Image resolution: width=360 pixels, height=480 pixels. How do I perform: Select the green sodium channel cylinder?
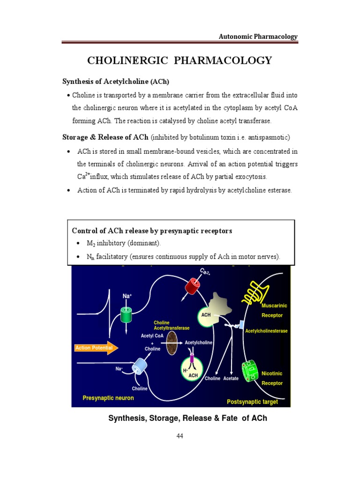pyautogui.click(x=127, y=315)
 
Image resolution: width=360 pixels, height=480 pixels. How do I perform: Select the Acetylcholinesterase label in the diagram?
pyautogui.click(x=266, y=330)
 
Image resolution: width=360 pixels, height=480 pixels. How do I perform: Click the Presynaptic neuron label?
pyautogui.click(x=108, y=398)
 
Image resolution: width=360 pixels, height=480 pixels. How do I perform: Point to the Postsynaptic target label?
pyautogui.click(x=252, y=402)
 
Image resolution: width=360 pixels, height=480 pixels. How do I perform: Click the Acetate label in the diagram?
pyautogui.click(x=231, y=378)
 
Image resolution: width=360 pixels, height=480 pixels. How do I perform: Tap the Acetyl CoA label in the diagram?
pyautogui.click(x=152, y=336)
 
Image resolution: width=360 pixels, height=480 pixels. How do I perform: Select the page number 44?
pyautogui.click(x=180, y=436)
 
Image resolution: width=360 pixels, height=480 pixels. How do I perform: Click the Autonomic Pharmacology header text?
pyautogui.click(x=258, y=37)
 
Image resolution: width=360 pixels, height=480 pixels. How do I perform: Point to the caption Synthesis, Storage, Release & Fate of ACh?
pyautogui.click(x=187, y=418)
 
